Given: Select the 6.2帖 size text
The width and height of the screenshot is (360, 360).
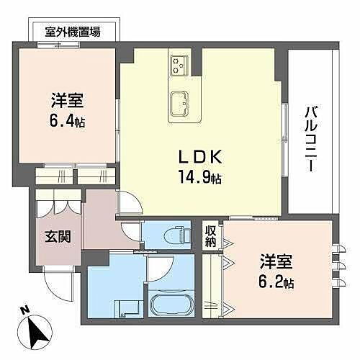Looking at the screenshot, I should tap(276, 282).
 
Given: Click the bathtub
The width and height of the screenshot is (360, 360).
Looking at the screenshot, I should tap(170, 306).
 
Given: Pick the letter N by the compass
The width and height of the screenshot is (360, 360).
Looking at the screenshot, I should tap(24, 310).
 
